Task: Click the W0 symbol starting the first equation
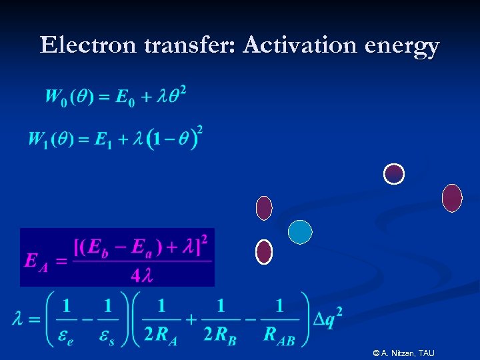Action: pyautogui.click(x=57, y=97)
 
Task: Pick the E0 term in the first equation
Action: pyautogui.click(x=123, y=97)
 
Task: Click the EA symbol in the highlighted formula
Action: pyautogui.click(x=36, y=261)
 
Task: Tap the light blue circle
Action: pyautogui.click(x=300, y=231)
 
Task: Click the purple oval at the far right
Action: pyautogui.click(x=452, y=198)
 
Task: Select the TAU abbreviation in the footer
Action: pyautogui.click(x=427, y=353)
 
